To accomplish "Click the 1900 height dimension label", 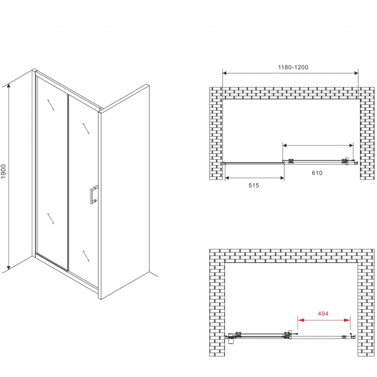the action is point(3,171).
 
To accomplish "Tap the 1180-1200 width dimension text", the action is point(293,67).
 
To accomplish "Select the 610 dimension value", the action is point(317,173).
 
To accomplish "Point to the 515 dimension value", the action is point(253,185).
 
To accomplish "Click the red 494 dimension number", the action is point(323,314).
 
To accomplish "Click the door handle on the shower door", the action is point(93,194).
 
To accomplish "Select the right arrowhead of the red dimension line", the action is point(347,320).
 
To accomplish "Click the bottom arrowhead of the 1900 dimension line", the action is point(9,266).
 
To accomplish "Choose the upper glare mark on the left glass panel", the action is point(50,105).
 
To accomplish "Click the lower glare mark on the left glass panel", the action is point(50,218).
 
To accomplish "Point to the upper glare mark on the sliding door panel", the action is point(86,128).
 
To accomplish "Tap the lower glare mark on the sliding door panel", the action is point(86,256).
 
